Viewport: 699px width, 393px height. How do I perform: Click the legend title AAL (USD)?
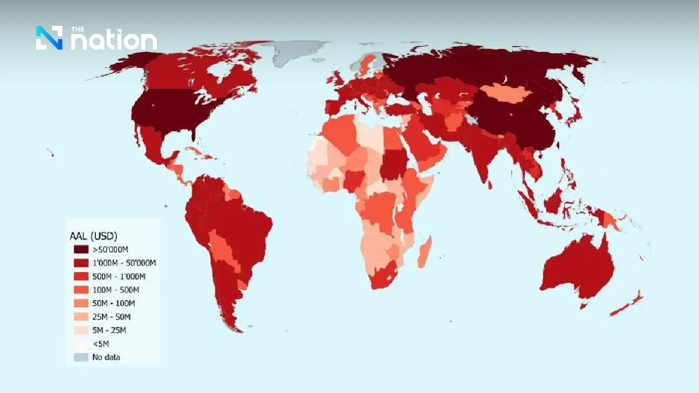[93, 236]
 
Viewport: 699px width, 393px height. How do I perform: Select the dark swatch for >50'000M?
[81, 249]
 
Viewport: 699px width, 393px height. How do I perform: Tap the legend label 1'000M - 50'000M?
[124, 263]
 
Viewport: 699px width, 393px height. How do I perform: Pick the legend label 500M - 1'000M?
[119, 276]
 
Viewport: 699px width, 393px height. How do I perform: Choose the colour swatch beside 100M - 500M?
[81, 290]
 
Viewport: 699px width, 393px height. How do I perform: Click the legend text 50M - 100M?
[114, 303]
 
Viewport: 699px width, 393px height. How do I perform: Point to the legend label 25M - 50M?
[111, 317]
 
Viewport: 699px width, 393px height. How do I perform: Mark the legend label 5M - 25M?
[109, 330]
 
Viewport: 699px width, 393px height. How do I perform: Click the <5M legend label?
[101, 344]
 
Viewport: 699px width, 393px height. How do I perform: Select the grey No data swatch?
[81, 357]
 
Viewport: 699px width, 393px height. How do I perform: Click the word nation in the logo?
[114, 41]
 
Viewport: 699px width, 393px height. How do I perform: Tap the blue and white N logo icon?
[49, 38]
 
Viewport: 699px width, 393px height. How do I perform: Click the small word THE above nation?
[78, 29]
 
